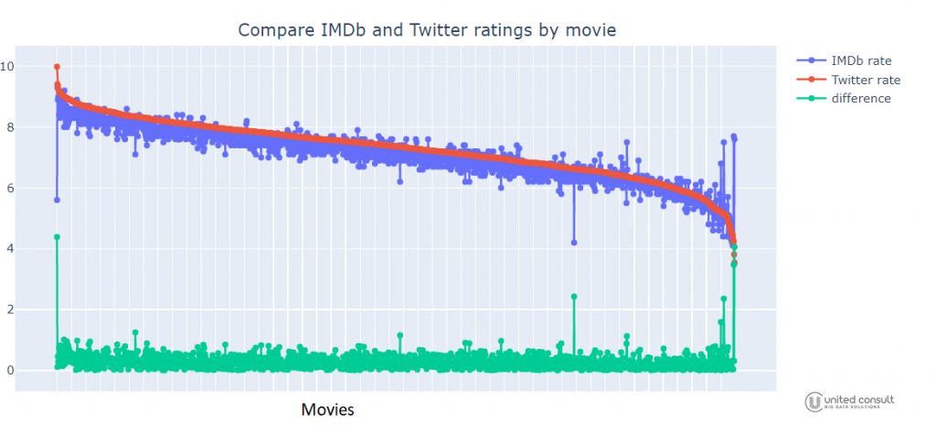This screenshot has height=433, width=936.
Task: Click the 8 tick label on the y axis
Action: (x=9, y=127)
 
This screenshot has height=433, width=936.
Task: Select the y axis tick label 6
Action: (x=9, y=189)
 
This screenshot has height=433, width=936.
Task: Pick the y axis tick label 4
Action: (x=9, y=249)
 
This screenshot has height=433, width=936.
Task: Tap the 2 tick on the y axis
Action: (x=9, y=309)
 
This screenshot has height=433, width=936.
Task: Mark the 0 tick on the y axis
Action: (x=9, y=371)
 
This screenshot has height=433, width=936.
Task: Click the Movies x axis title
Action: (x=327, y=409)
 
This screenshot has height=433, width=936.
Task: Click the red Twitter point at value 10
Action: (x=57, y=67)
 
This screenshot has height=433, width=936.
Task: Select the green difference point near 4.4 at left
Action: (x=57, y=237)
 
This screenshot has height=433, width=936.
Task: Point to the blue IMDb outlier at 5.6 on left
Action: (x=57, y=200)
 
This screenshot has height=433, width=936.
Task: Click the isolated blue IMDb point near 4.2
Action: (x=574, y=243)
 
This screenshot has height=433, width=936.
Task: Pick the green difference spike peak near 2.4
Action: (x=574, y=297)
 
